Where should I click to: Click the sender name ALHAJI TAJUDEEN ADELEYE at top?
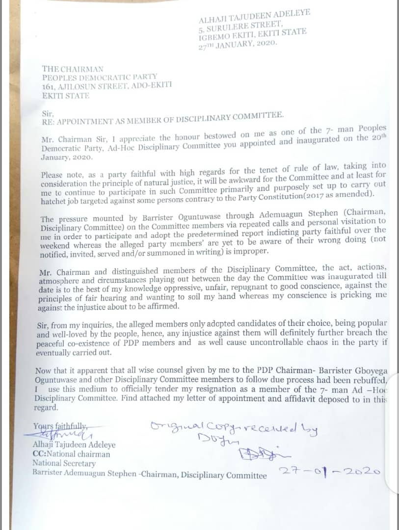[255, 16]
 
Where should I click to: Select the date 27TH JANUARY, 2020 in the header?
[238, 43]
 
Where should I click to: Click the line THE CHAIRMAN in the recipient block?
[73, 70]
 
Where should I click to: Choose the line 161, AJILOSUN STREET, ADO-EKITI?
[107, 87]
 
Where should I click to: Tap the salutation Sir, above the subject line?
[46, 112]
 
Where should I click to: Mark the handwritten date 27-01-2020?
[330, 472]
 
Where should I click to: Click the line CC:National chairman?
[71, 454]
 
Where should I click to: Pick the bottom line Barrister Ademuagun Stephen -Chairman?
[150, 474]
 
